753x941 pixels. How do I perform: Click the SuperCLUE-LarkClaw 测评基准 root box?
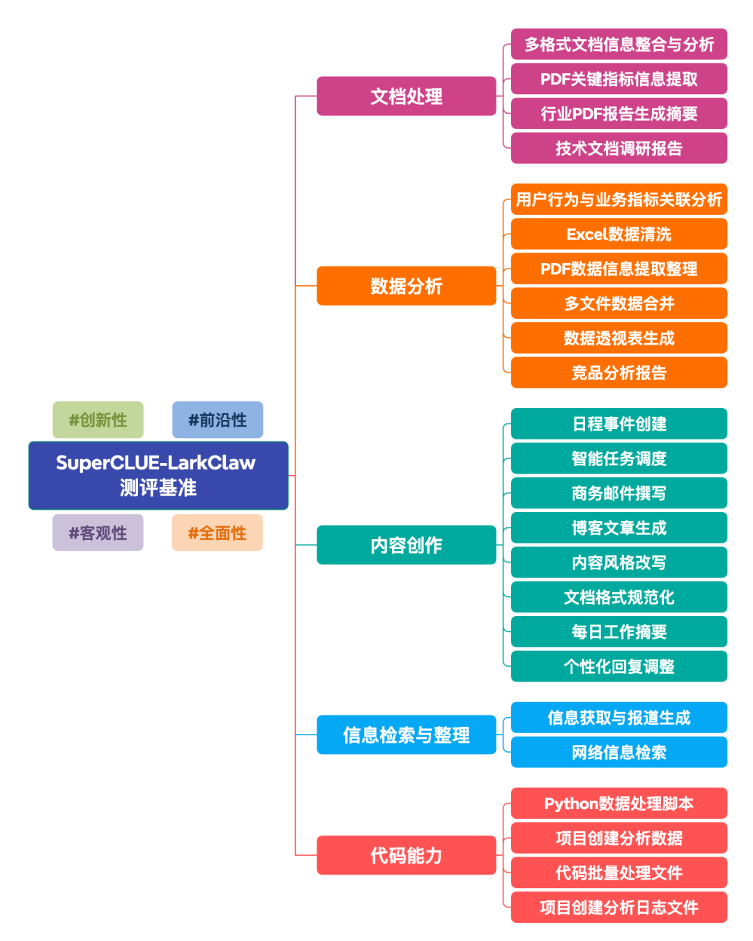(158, 475)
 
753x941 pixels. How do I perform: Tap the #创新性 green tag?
(98, 420)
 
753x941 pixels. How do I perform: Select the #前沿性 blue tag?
(218, 420)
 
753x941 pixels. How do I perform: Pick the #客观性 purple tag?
(98, 533)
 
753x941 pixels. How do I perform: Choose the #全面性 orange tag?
(218, 533)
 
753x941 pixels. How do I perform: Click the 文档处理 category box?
(406, 96)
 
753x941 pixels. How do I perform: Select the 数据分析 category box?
(406, 286)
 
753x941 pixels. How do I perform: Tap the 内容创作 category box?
(406, 545)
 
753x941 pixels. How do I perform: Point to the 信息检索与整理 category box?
(406, 735)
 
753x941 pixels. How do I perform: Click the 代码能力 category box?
(406, 855)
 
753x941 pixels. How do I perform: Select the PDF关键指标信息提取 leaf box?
(619, 79)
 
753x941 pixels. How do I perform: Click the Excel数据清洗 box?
(619, 234)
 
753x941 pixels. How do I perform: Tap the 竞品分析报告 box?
(619, 372)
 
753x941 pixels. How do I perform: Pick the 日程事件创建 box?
(619, 424)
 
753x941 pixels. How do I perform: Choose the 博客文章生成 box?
(619, 528)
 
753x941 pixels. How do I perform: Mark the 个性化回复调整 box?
(619, 666)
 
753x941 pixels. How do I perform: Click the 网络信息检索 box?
(619, 752)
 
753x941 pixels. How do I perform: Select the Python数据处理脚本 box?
(619, 804)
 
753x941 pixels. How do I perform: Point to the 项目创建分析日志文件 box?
(619, 907)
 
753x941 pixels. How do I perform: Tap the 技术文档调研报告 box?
(619, 148)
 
